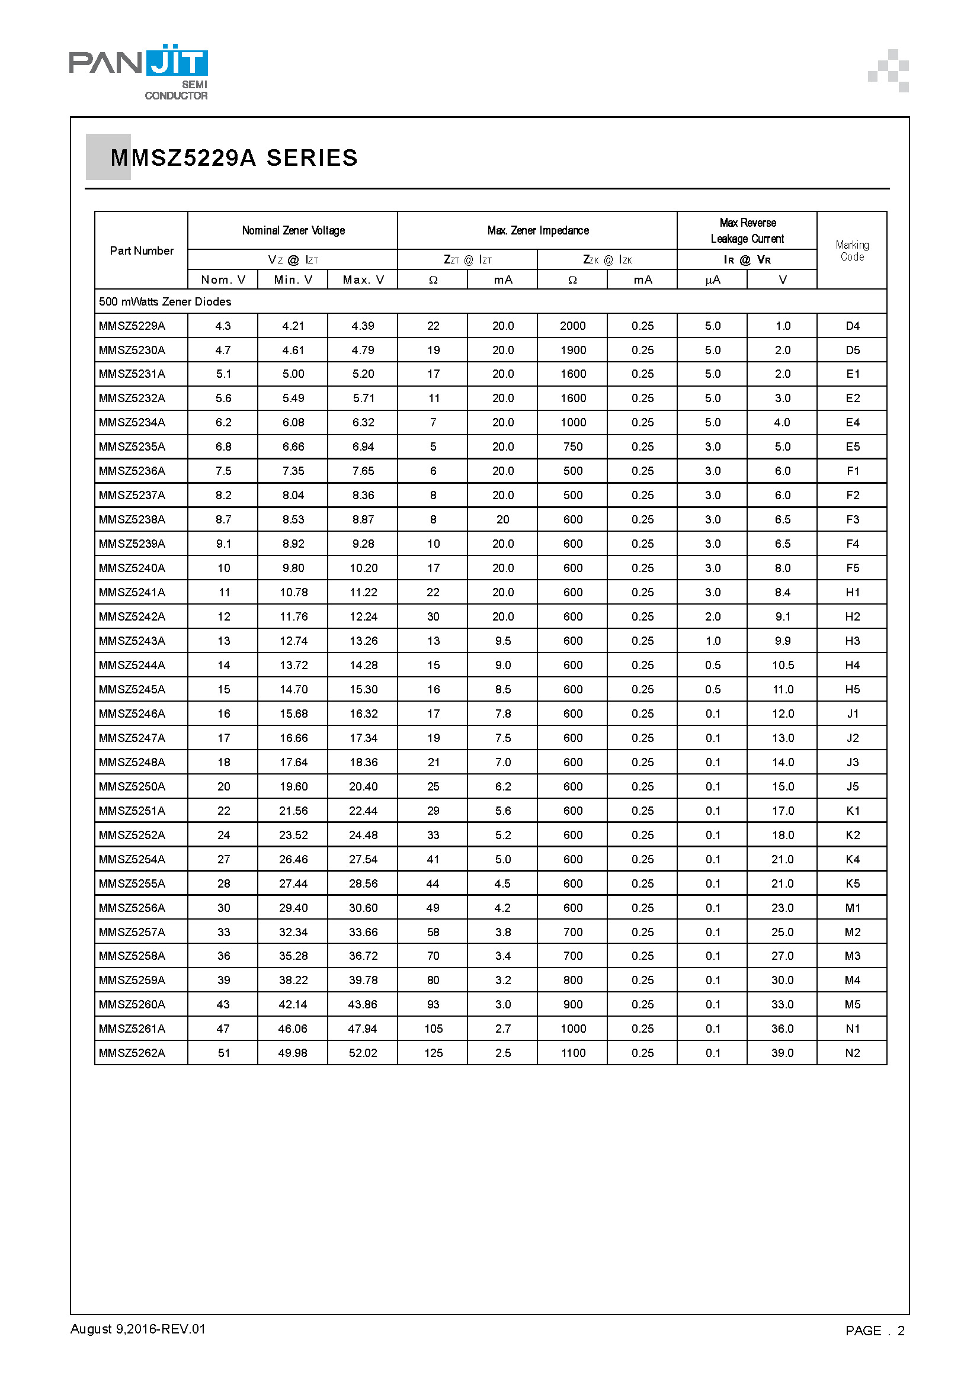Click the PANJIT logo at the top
pos(139,70)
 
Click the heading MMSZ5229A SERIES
pos(234,158)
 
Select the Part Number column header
pos(141,250)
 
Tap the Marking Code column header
pos(851,250)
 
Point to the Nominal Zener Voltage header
pos(293,230)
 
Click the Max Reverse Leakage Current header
pos(747,230)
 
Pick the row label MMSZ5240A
pos(132,568)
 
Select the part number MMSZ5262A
pos(132,1053)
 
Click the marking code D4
pos(852,326)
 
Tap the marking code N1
pos(852,1029)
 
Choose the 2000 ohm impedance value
pos(573,326)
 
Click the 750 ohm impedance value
pos(573,447)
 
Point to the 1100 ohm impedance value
pos(573,1053)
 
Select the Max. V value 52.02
pos(363,1053)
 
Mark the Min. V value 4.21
pos(293,326)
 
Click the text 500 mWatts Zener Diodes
pos(165,301)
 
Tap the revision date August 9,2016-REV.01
pos(138,1329)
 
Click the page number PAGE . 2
pos(875,1331)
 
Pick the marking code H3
pos(852,641)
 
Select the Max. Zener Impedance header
pos(537,230)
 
